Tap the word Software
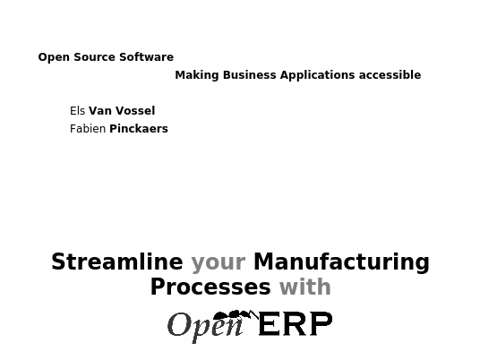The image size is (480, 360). [146, 57]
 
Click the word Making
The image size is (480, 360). [197, 75]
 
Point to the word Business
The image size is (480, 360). [250, 75]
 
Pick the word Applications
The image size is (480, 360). [317, 75]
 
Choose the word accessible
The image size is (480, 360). [390, 75]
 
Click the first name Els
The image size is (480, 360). [77, 111]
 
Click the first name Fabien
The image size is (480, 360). [88, 129]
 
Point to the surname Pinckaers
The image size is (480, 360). [139, 129]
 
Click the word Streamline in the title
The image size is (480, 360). [117, 261]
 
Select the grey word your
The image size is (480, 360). [219, 263]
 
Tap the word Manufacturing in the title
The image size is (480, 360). [341, 262]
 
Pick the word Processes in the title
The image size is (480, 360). [210, 287]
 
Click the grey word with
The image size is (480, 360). [305, 287]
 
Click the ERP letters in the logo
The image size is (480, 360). [296, 323]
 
